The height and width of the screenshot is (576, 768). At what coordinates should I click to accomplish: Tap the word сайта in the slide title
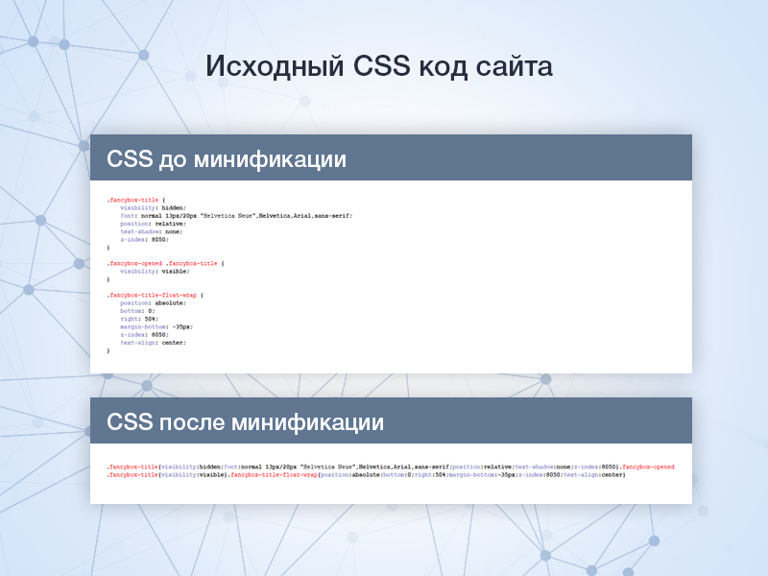pos(514,66)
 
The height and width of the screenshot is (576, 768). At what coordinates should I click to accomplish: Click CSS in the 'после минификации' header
pos(129,421)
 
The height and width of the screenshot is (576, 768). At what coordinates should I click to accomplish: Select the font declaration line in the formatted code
pos(235,216)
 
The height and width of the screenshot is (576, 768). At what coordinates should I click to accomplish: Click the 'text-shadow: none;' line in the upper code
pos(151,231)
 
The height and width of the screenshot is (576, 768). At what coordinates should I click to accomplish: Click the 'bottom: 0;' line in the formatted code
pos(137,311)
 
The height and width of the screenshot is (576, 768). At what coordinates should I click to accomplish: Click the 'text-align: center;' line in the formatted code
pos(153,343)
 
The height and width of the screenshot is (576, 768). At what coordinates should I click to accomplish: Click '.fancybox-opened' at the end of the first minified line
pos(648,467)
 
